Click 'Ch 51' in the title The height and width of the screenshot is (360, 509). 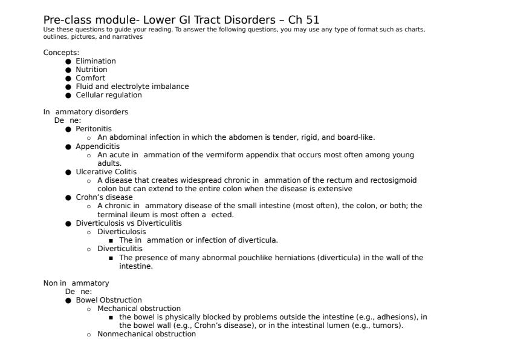[x=304, y=20]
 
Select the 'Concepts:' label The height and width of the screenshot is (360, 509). [x=61, y=53]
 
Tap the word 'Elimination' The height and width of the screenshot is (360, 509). [x=96, y=61]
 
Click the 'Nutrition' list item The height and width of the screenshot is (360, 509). [x=91, y=70]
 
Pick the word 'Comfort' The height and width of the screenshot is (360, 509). [x=90, y=78]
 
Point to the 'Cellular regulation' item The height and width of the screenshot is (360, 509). [x=109, y=95]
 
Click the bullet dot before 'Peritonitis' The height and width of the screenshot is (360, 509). [x=68, y=129]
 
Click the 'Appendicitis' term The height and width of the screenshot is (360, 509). [x=97, y=146]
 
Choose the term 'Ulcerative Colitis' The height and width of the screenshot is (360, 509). [x=106, y=172]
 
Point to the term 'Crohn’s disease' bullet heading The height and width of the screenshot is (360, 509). [x=104, y=197]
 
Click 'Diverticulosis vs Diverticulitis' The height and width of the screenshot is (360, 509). [x=129, y=223]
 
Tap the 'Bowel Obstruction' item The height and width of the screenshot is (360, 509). [x=109, y=300]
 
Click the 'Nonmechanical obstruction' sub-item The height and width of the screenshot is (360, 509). [x=146, y=334]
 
